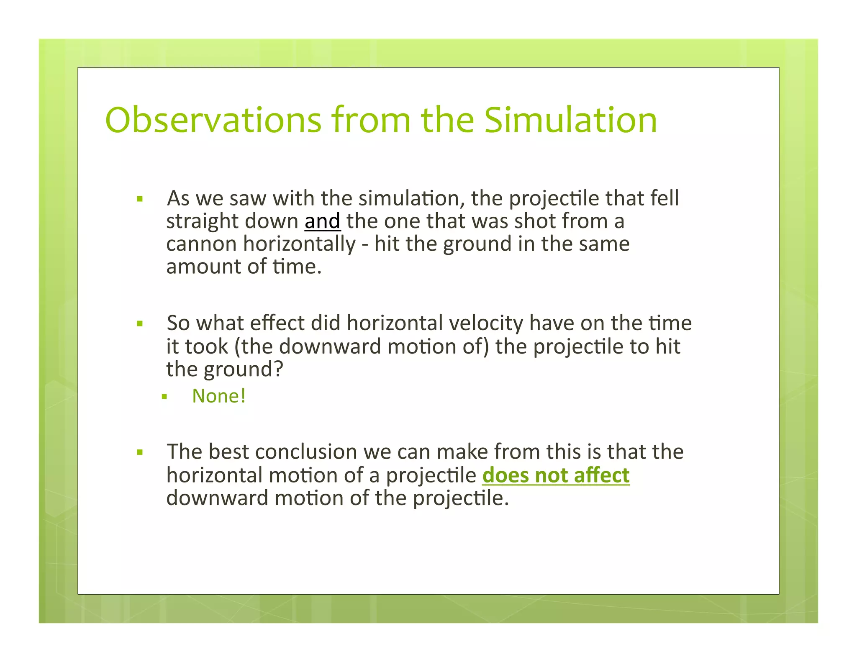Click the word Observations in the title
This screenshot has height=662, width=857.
(213, 120)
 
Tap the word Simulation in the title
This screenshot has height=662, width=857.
(571, 120)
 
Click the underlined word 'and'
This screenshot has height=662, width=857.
(322, 221)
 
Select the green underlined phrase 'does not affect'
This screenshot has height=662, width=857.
(556, 475)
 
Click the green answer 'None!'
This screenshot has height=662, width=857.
(219, 396)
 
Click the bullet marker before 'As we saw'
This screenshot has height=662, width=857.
(140, 199)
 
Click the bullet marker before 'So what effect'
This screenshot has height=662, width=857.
(140, 323)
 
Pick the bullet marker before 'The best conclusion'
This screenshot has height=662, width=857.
(140, 452)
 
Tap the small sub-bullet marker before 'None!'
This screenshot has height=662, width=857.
(164, 396)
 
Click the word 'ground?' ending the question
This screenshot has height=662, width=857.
(244, 369)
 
